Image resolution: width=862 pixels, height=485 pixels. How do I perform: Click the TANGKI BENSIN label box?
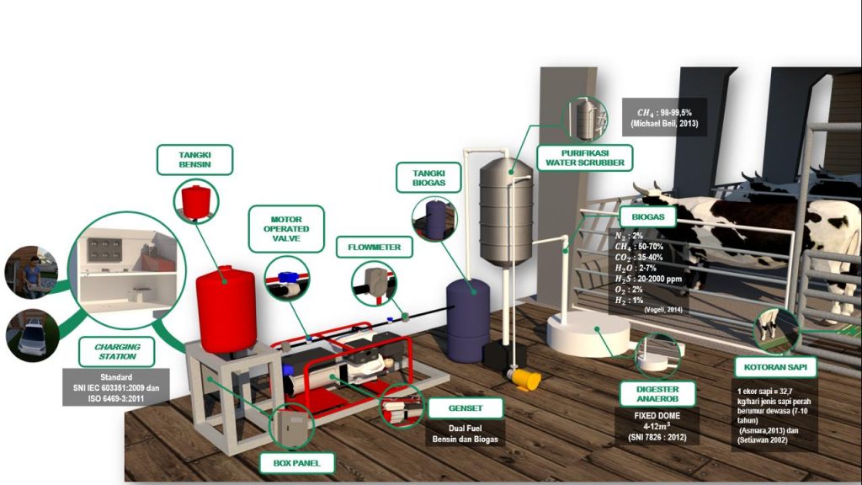click(x=194, y=160)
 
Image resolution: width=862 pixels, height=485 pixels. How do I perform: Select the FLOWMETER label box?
click(x=375, y=248)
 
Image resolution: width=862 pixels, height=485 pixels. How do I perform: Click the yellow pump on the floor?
click(x=525, y=379)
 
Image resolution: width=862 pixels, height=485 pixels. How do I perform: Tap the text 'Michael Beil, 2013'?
click(x=664, y=124)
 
